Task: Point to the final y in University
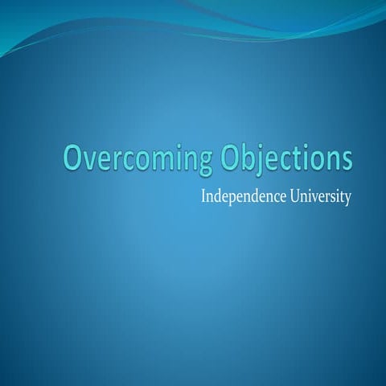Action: (348, 200)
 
